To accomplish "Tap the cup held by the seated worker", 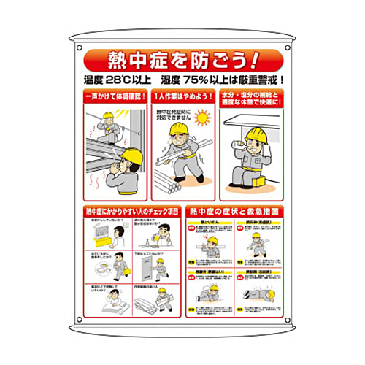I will pos(237,146).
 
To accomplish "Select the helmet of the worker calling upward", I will pos(131,155).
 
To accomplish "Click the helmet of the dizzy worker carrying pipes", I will pos(179,129).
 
